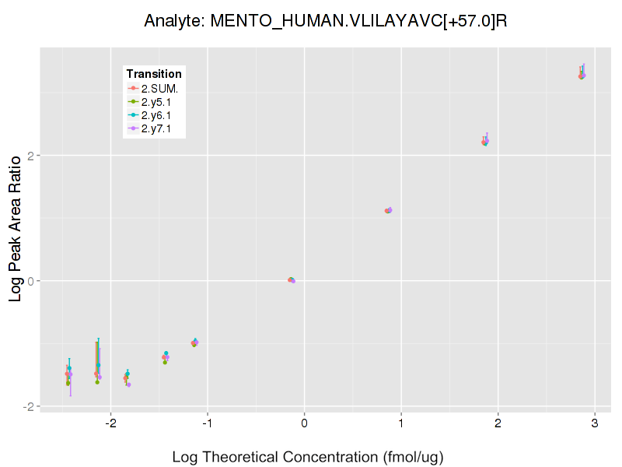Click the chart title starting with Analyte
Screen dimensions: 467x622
[326, 21]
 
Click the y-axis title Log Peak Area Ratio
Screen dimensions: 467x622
[15, 227]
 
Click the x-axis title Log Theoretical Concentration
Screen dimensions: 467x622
[307, 457]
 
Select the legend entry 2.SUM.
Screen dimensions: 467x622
[159, 89]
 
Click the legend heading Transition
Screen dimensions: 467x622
[154, 74]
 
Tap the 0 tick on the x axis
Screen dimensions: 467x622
[304, 424]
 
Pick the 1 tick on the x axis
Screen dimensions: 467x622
[401, 424]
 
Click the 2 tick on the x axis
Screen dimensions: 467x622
[498, 424]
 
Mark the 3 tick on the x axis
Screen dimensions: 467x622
[595, 424]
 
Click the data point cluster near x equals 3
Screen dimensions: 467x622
[582, 75]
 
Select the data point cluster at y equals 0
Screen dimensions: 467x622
[292, 280]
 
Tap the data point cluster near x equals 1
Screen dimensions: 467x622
[389, 210]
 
